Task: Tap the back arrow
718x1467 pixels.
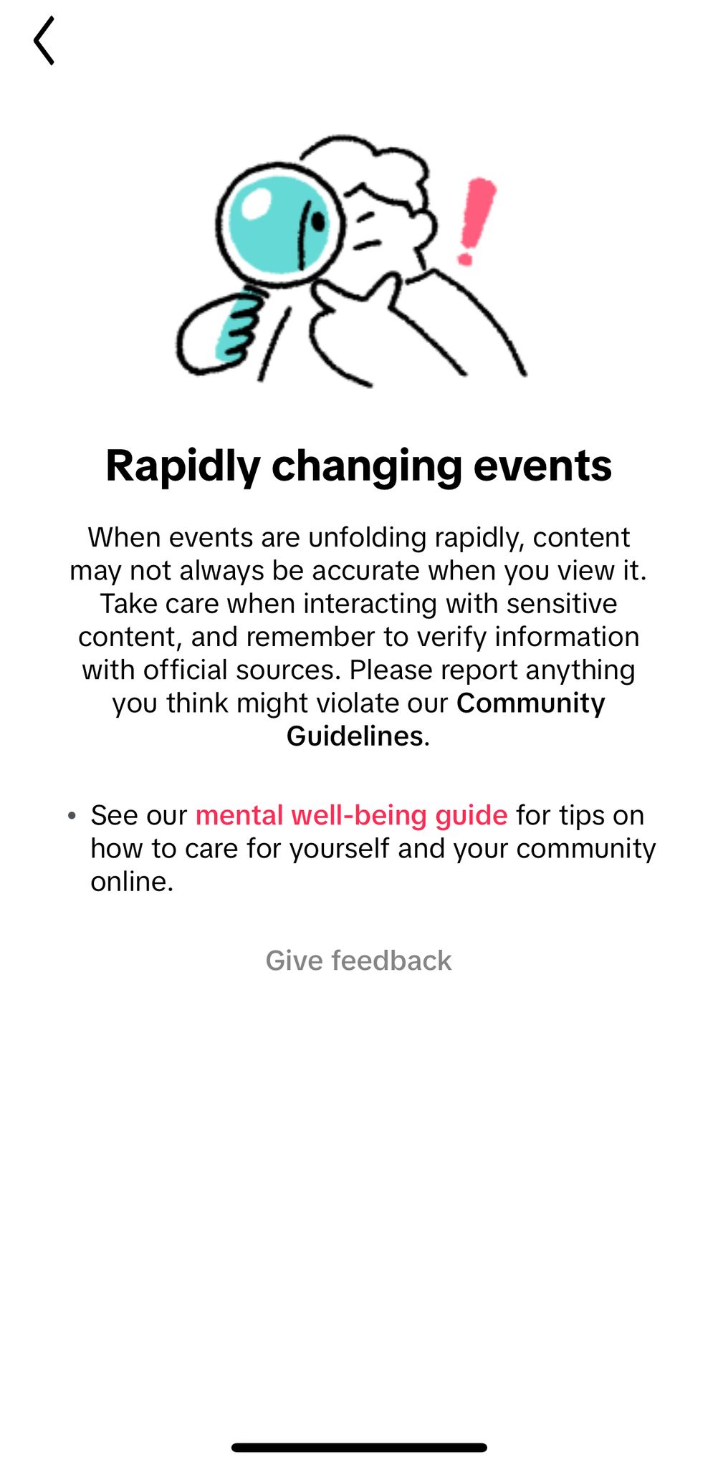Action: point(44,41)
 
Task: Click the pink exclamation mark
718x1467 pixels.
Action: point(476,221)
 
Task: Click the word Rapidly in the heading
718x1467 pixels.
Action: point(183,466)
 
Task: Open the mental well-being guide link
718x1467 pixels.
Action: point(351,815)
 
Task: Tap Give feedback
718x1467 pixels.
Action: point(358,961)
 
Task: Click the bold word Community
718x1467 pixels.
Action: point(531,703)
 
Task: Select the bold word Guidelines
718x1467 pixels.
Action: point(355,736)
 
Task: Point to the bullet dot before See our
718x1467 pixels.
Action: point(72,816)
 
